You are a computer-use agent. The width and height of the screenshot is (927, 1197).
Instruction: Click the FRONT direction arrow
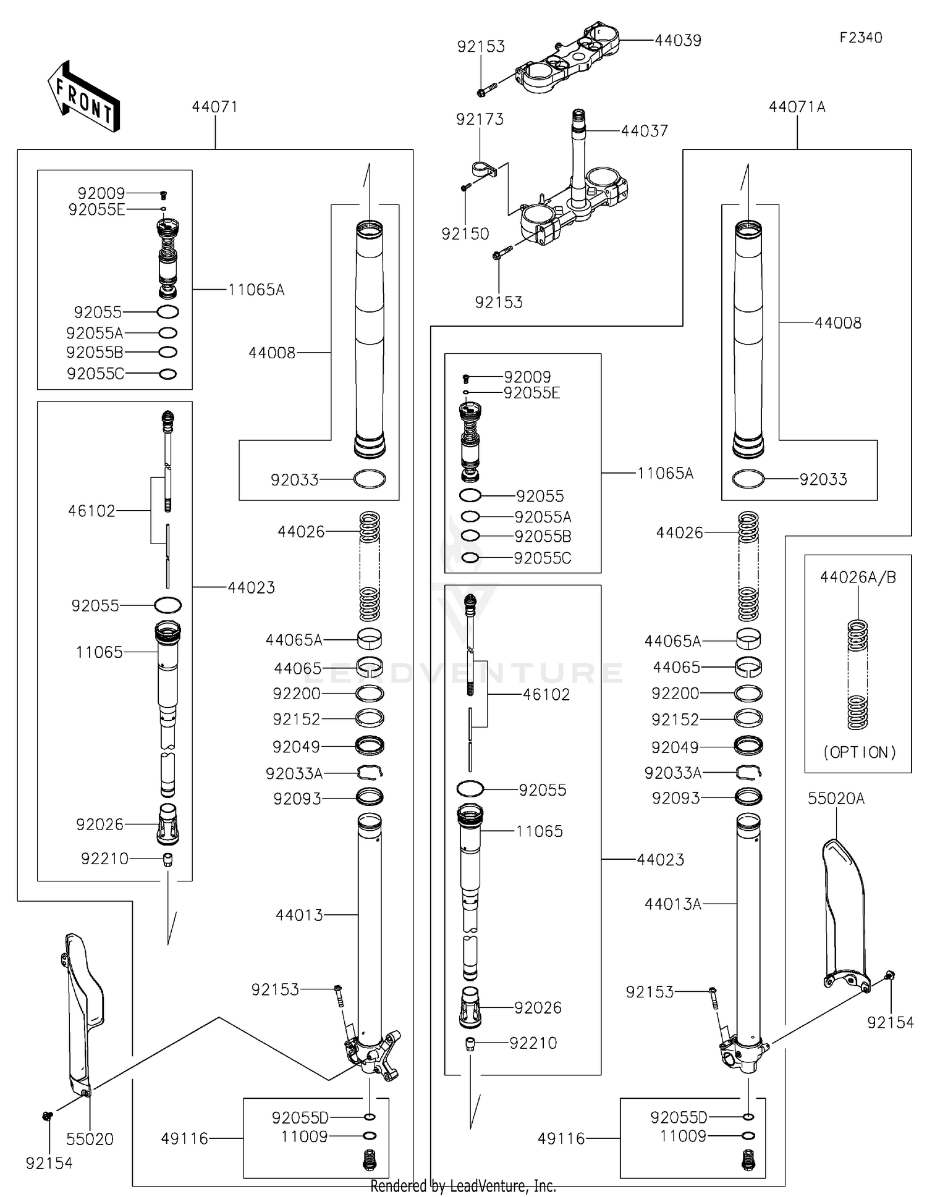(x=83, y=96)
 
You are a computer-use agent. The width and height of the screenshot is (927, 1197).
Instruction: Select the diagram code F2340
(x=860, y=38)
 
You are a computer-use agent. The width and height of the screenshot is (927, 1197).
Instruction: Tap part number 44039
(x=678, y=41)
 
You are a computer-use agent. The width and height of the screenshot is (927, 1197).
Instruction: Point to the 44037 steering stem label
(x=644, y=131)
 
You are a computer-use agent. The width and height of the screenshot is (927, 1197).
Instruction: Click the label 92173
(x=480, y=119)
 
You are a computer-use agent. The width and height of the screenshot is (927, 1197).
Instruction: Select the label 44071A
(x=797, y=107)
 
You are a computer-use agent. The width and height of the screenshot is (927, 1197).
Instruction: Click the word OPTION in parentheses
(x=859, y=752)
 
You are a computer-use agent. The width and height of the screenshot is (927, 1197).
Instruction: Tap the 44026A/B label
(x=858, y=577)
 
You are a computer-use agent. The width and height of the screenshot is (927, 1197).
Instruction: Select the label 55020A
(x=836, y=799)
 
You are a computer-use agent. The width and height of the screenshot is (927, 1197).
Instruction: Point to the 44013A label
(x=672, y=904)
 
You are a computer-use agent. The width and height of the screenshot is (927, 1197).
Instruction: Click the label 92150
(x=465, y=234)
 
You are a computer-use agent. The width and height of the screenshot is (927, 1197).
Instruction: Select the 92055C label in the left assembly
(x=95, y=374)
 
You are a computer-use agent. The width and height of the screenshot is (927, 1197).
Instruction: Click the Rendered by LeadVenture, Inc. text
(x=463, y=1186)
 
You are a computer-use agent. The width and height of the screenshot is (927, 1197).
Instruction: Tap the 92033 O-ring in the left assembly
(x=370, y=479)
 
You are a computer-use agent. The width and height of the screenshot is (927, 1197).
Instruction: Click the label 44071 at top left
(x=214, y=107)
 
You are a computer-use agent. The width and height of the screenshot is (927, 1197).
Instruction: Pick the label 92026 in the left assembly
(x=99, y=825)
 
